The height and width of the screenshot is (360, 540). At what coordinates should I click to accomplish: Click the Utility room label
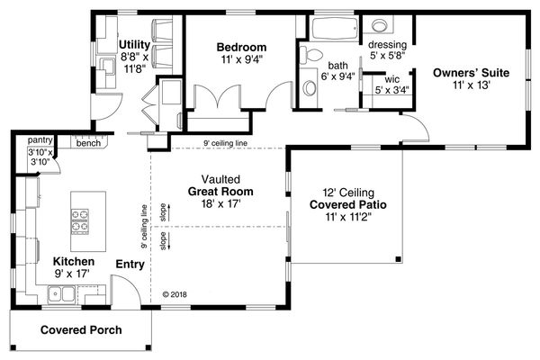pyautogui.click(x=134, y=43)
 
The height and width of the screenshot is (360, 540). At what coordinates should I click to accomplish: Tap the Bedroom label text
pyautogui.click(x=241, y=47)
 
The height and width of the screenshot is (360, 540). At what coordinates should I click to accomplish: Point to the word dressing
pyautogui.click(x=387, y=45)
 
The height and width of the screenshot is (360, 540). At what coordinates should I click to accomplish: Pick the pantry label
pyautogui.click(x=40, y=141)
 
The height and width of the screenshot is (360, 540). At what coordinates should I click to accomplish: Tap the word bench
pyautogui.click(x=88, y=142)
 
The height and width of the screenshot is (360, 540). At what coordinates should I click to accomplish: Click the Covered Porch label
pyautogui.click(x=80, y=330)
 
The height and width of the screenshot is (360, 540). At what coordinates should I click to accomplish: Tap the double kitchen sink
pyautogui.click(x=60, y=292)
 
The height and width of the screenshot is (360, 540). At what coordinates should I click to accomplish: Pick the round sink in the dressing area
pyautogui.click(x=379, y=26)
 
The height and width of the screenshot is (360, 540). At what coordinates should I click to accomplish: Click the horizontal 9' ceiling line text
pyautogui.click(x=226, y=143)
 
